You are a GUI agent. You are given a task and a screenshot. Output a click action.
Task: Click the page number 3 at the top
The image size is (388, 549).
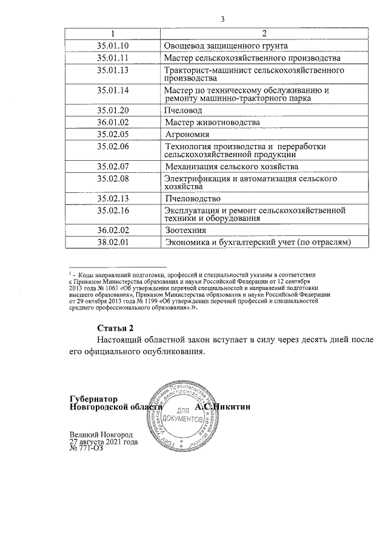pos(222,19)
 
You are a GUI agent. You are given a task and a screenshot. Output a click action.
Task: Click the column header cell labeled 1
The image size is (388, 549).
pos(113,33)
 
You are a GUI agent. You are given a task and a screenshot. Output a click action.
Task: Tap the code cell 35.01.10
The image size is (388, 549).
pos(113,45)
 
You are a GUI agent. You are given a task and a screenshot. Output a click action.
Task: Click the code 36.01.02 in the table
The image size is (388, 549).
pos(113,123)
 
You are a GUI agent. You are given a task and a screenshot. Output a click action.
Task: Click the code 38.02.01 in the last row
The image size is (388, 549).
pos(113,243)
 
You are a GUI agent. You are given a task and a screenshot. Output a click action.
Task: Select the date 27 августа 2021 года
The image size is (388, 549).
pos(104,442)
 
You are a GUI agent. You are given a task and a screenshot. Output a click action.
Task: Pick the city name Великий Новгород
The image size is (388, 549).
pos(101,435)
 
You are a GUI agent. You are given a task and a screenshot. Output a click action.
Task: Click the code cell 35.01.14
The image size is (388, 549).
pos(113,91)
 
